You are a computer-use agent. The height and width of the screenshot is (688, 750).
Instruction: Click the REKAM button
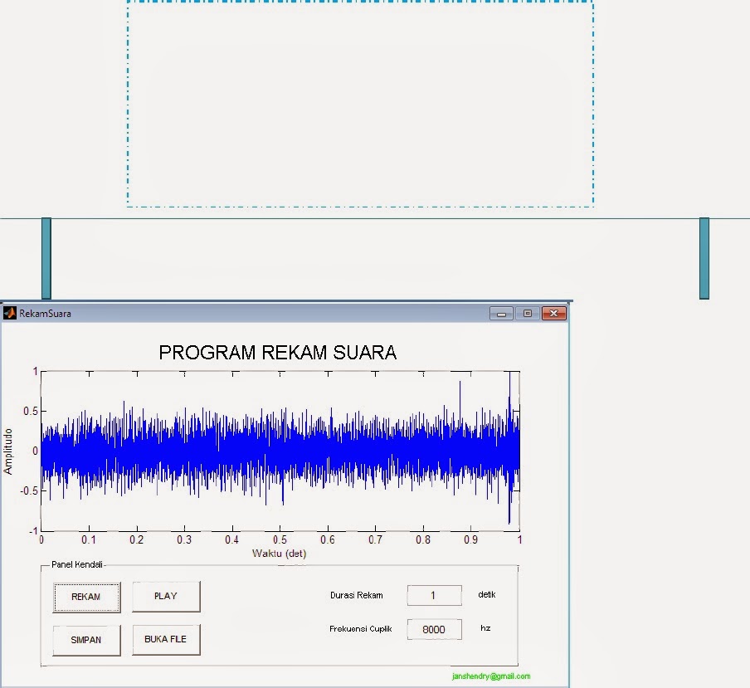86,597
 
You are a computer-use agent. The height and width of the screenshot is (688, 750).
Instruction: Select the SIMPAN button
86,640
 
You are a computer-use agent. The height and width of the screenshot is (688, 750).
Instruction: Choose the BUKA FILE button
166,640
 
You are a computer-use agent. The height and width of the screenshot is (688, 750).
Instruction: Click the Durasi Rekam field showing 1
433,595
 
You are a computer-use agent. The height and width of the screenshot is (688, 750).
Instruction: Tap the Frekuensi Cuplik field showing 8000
433,629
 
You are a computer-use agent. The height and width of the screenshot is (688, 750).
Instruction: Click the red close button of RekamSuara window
553,313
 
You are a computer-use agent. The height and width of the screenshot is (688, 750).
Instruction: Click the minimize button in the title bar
501,313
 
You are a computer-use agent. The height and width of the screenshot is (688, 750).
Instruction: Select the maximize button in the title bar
527,313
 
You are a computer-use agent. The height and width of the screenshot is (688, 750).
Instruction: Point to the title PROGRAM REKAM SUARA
277,353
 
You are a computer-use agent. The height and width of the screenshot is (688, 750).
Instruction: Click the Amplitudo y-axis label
8,451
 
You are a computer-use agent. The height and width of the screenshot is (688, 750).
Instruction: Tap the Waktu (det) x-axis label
280,553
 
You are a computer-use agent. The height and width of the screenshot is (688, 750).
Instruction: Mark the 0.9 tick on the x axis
471,539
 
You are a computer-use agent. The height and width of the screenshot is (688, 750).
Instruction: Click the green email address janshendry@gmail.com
491,676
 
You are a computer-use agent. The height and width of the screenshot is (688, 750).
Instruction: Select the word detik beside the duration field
487,594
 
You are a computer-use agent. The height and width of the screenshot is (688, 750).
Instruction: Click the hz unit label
485,628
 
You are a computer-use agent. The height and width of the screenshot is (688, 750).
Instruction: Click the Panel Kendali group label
76,564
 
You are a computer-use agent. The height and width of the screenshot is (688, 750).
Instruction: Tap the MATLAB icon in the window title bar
10,313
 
